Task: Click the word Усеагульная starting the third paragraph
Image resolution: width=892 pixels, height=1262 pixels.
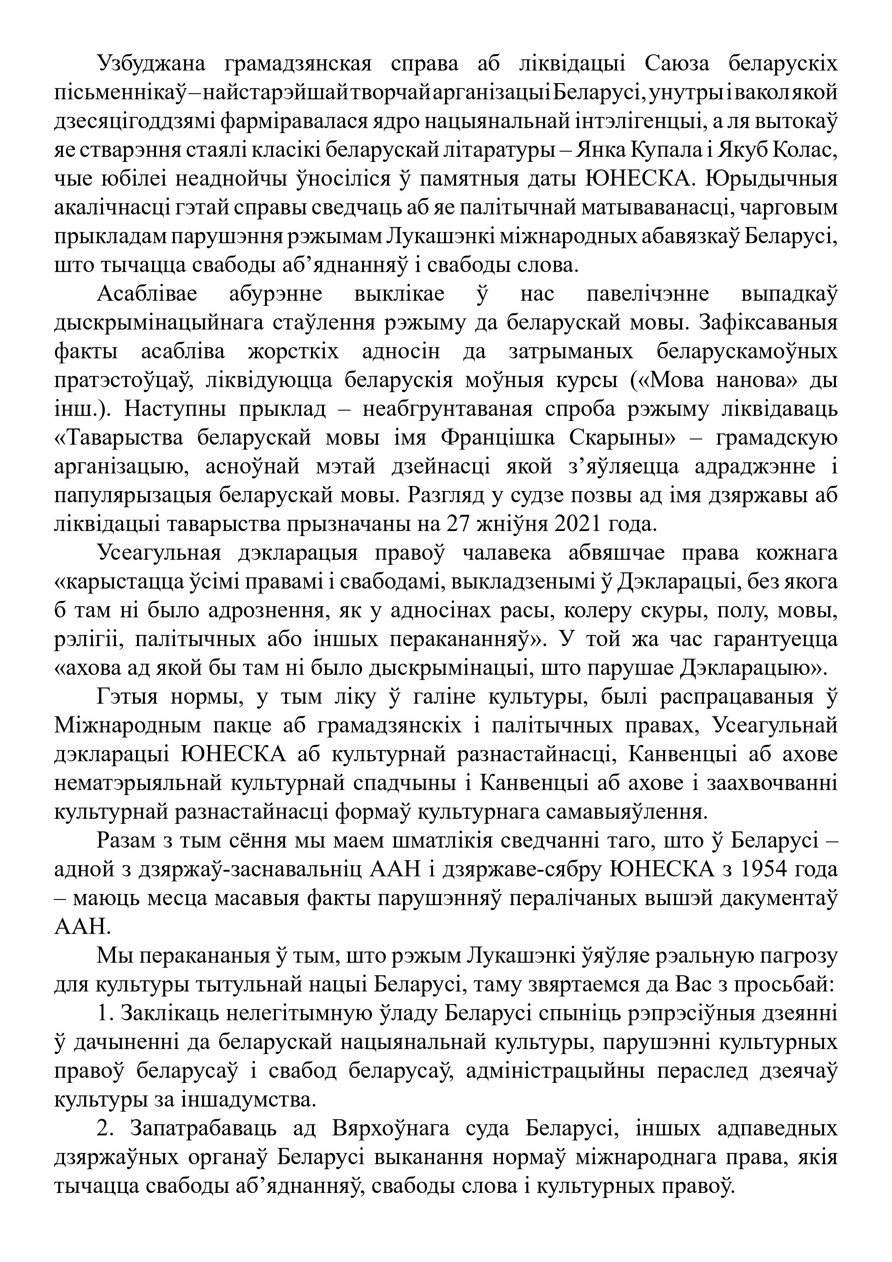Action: [159, 553]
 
